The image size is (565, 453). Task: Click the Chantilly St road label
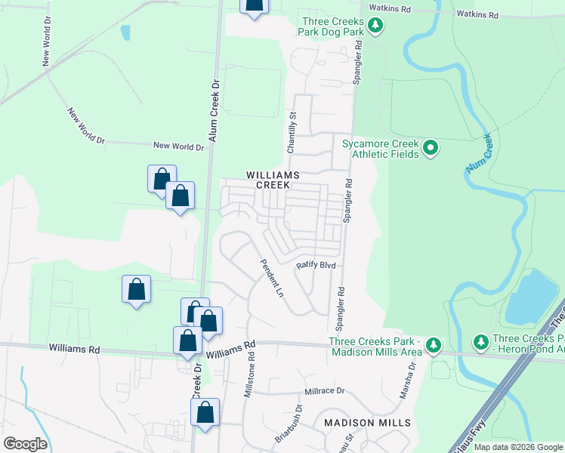point(290,133)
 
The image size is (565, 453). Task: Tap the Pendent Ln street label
point(271,278)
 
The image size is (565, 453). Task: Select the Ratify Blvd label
point(315,266)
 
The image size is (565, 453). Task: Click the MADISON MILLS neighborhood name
point(367,423)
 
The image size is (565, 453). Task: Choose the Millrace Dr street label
point(324,392)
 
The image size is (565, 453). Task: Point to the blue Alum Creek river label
point(479,153)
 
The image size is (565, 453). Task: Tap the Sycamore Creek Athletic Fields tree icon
point(431,148)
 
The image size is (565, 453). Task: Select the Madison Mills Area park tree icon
point(433,346)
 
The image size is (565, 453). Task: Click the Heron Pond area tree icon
point(481,343)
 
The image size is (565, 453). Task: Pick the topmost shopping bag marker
point(255,5)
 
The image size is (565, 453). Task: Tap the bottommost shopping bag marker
point(205,413)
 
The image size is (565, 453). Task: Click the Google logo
point(25,444)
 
